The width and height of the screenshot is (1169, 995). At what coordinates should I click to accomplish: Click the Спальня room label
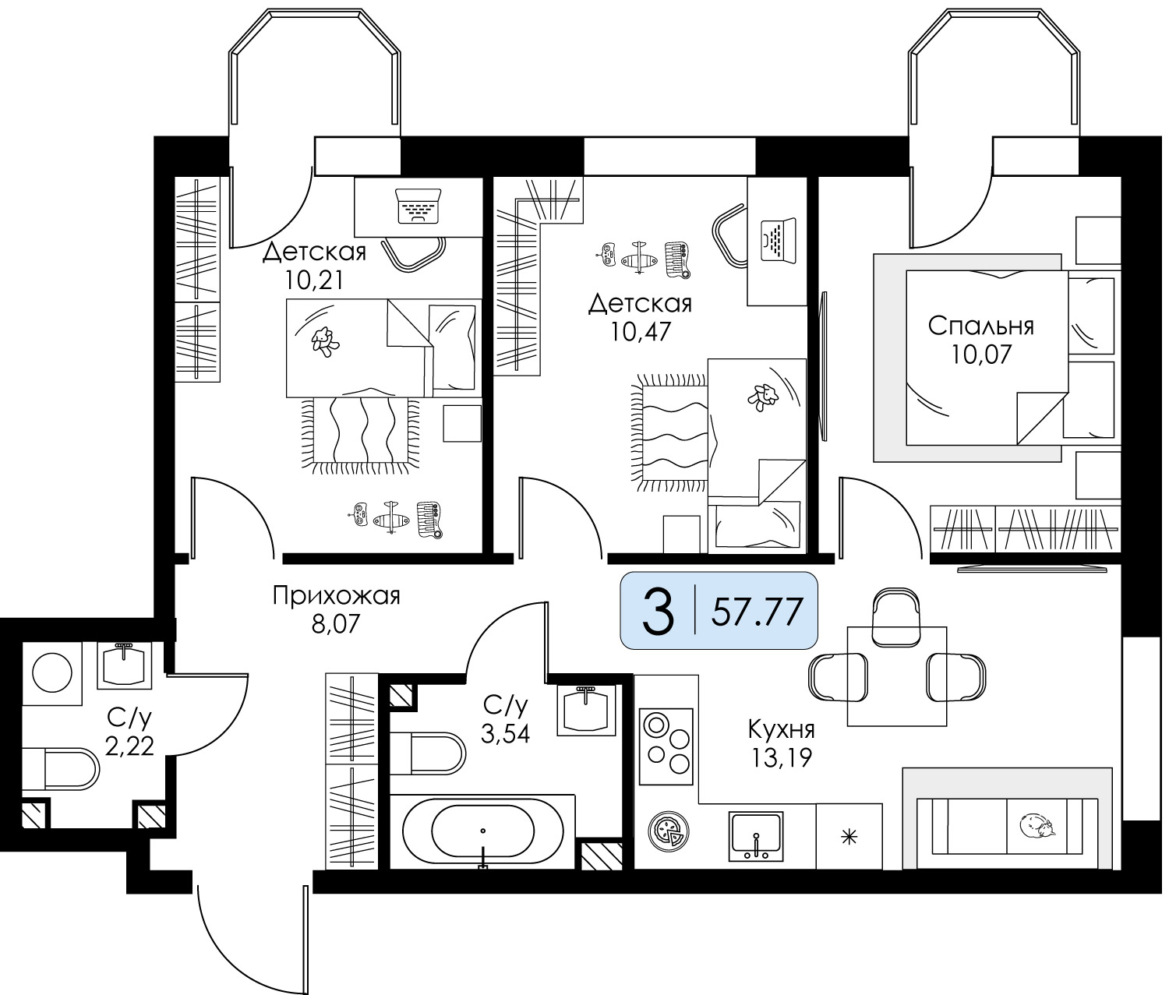click(980, 326)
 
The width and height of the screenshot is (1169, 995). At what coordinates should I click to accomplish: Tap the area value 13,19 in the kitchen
click(781, 758)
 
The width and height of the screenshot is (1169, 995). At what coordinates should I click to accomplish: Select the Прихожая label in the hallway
click(336, 596)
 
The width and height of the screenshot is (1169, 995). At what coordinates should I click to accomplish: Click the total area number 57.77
click(758, 611)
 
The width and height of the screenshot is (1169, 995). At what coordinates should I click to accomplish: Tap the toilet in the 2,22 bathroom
click(61, 768)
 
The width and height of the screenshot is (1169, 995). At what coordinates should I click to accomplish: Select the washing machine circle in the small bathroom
click(52, 673)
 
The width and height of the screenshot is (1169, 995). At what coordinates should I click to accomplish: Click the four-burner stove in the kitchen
click(666, 746)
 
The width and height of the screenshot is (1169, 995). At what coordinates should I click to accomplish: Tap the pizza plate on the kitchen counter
click(667, 831)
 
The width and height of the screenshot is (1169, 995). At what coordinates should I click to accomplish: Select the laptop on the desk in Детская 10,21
click(418, 206)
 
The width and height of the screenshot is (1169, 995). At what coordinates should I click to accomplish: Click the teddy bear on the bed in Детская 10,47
click(763, 396)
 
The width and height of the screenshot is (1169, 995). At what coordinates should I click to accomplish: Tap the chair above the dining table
click(895, 617)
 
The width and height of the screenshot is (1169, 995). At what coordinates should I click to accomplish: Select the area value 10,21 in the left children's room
click(314, 281)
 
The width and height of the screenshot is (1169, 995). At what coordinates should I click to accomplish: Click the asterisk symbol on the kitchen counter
click(849, 837)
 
